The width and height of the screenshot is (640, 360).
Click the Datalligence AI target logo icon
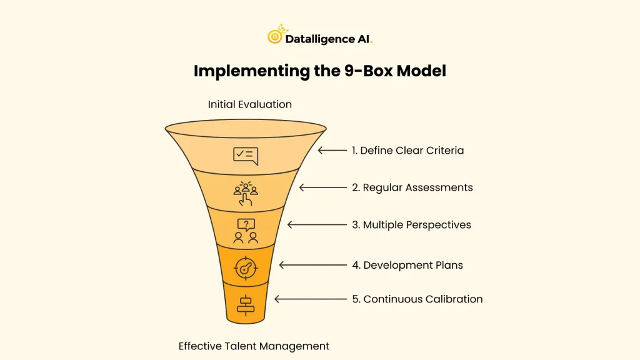(x=275, y=36)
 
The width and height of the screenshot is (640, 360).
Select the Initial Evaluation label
(x=249, y=104)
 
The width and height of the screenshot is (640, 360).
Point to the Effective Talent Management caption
(x=254, y=346)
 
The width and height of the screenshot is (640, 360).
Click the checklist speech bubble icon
(x=245, y=155)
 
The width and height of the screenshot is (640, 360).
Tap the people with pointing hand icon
(x=246, y=193)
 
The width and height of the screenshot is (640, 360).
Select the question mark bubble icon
(x=246, y=230)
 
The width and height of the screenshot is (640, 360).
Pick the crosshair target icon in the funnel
(x=245, y=267)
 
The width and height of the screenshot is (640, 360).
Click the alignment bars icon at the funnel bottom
(x=245, y=304)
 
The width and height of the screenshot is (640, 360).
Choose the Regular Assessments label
(x=412, y=187)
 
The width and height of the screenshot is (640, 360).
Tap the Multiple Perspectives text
(x=411, y=225)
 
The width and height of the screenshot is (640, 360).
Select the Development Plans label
(x=407, y=265)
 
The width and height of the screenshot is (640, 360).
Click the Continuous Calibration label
(x=417, y=299)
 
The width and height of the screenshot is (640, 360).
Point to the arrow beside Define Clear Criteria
(x=332, y=151)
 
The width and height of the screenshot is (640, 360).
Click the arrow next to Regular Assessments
(x=322, y=187)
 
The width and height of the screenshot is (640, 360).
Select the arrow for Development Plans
(x=312, y=265)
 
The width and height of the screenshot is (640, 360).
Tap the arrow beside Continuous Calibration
(x=310, y=299)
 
